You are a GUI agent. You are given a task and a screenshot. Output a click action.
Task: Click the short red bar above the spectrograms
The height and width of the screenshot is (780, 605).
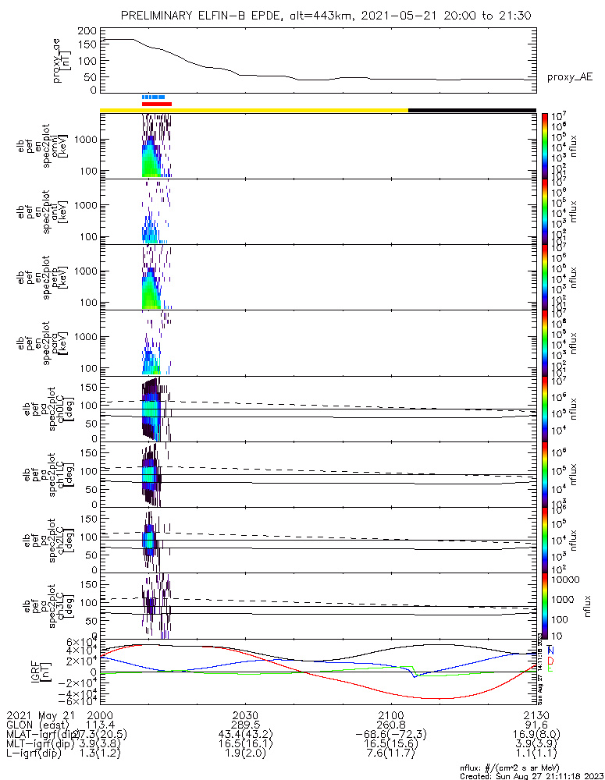click(x=156, y=104)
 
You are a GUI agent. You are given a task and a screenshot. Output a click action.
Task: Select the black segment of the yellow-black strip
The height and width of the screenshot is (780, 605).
click(x=472, y=110)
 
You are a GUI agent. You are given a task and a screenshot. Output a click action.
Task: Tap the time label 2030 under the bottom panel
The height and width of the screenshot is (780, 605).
click(x=246, y=714)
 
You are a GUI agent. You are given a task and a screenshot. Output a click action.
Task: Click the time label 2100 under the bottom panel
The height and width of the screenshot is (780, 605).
click(x=391, y=714)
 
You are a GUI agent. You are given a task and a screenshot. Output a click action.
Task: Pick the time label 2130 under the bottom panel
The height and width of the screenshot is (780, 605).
click(x=536, y=714)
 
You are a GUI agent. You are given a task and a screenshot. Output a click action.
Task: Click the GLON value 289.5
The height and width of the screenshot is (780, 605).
click(x=246, y=725)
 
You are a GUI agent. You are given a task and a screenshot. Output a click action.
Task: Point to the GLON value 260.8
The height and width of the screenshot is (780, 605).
click(x=391, y=725)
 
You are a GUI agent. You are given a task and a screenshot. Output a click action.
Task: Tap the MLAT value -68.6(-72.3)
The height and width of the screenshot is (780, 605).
click(x=391, y=735)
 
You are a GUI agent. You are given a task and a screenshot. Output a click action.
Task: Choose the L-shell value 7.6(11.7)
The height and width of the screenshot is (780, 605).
click(x=391, y=755)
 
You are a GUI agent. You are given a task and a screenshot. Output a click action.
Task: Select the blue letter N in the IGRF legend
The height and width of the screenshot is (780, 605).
click(x=551, y=650)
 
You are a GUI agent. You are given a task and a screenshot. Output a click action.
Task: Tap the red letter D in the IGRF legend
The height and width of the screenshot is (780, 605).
click(x=551, y=660)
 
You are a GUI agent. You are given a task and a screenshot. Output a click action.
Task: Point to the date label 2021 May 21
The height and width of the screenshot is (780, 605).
click(x=39, y=714)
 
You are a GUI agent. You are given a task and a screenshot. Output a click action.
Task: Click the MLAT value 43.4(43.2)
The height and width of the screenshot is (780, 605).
click(x=246, y=735)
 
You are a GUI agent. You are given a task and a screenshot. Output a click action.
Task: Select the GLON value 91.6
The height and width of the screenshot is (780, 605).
click(x=536, y=725)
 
